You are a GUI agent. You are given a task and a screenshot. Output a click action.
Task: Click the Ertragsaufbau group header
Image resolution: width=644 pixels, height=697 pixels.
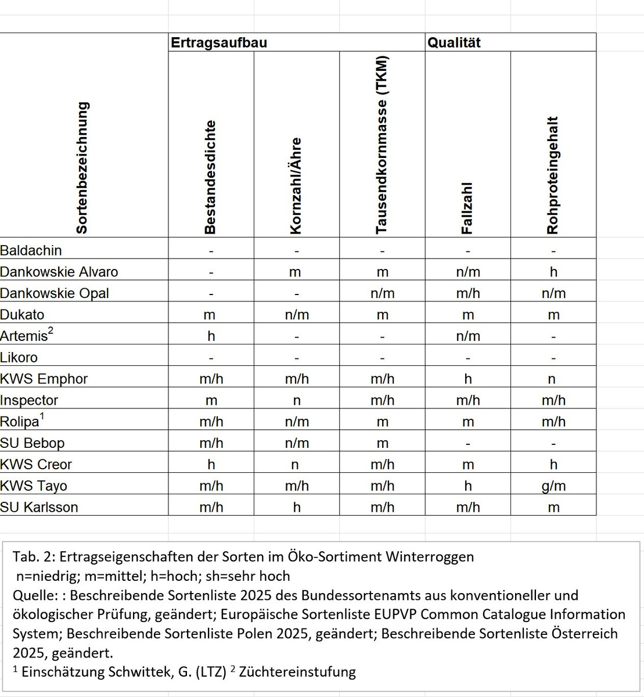pyautogui.click(x=219, y=43)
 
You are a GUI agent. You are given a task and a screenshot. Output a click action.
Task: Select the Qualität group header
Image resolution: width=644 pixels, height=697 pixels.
pyautogui.click(x=454, y=43)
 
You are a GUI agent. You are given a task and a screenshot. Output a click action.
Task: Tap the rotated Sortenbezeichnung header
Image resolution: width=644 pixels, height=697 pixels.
pyautogui.click(x=82, y=168)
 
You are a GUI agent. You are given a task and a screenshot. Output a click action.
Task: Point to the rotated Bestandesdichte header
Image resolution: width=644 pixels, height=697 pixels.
pyautogui.click(x=210, y=177)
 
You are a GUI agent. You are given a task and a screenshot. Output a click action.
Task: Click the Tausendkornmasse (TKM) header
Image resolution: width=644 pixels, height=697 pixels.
pyautogui.click(x=382, y=145)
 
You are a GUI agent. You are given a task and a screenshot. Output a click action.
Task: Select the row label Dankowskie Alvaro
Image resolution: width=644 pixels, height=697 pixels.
pyautogui.click(x=59, y=272)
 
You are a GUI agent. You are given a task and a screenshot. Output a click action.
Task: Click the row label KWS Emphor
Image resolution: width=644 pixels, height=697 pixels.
pyautogui.click(x=44, y=379)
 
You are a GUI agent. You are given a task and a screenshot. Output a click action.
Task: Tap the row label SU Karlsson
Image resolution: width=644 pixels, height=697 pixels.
pyautogui.click(x=39, y=508)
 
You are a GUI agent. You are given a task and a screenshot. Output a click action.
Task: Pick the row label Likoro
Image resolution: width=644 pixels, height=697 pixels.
pyautogui.click(x=19, y=358)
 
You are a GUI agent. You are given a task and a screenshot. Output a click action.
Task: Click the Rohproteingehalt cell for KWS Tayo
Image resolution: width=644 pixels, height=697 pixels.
pyautogui.click(x=553, y=486)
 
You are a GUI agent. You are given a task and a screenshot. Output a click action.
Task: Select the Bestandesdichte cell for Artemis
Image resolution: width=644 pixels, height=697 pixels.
pyautogui.click(x=211, y=336)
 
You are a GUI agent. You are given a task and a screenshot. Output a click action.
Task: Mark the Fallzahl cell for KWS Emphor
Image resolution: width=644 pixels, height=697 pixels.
pyautogui.click(x=468, y=379)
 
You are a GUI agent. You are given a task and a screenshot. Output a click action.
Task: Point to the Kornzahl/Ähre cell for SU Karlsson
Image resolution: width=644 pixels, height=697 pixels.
pyautogui.click(x=297, y=508)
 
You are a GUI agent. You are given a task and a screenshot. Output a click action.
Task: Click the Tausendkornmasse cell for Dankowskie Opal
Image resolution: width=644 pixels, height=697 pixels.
pyautogui.click(x=382, y=293)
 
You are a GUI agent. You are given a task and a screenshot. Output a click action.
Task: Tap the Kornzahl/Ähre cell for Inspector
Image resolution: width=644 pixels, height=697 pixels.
pyautogui.click(x=297, y=401)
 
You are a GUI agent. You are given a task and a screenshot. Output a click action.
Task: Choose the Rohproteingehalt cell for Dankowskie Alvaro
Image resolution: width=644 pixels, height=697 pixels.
pyautogui.click(x=553, y=272)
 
